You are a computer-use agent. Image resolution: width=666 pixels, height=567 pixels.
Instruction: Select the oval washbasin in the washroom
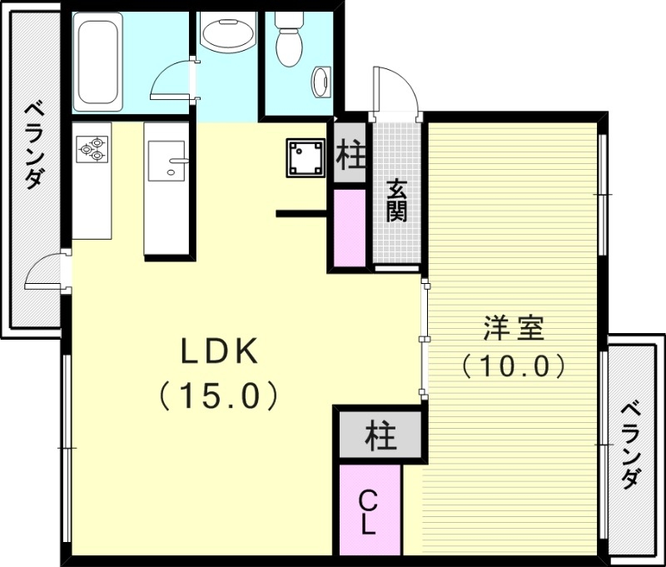[226, 36]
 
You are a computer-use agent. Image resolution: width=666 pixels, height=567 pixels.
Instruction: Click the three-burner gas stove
[92, 147]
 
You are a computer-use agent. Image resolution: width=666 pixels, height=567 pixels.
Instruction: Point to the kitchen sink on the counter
[167, 160]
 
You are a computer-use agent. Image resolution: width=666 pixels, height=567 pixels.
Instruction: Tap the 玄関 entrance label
[396, 200]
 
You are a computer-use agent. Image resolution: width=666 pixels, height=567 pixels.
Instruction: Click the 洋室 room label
[514, 328]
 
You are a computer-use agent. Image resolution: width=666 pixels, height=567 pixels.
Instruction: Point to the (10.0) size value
[514, 366]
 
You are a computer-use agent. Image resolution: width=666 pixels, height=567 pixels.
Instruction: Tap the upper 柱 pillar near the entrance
[350, 155]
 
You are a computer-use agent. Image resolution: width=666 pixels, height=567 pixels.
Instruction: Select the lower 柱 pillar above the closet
[380, 435]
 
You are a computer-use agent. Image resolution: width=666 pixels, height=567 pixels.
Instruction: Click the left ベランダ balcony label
[32, 144]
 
